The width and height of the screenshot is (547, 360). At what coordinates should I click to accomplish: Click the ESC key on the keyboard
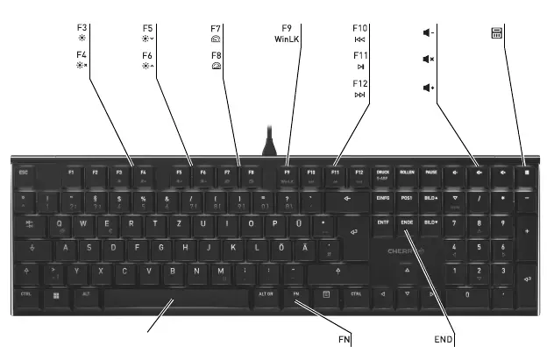(x=24, y=173)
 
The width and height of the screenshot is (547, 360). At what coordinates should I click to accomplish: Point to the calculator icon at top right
(x=496, y=34)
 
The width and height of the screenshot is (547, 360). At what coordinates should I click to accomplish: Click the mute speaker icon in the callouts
(x=428, y=60)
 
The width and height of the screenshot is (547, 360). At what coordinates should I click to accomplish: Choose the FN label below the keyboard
(x=345, y=338)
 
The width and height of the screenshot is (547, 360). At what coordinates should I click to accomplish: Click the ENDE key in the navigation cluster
(x=407, y=223)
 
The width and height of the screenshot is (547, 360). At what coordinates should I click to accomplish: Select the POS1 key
(x=407, y=198)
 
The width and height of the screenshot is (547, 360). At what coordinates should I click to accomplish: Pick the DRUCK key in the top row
(x=383, y=173)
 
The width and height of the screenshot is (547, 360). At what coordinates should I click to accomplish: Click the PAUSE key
(x=431, y=173)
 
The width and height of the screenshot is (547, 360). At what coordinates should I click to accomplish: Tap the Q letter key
(x=60, y=223)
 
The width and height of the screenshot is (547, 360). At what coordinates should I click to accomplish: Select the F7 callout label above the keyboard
(x=216, y=27)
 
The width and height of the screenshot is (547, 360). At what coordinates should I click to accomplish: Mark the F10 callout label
(x=359, y=27)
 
